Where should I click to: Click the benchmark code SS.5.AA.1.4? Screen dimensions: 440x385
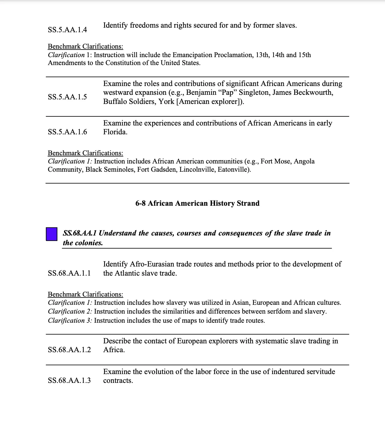(x=67, y=30)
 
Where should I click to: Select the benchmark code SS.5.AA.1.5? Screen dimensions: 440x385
(x=67, y=97)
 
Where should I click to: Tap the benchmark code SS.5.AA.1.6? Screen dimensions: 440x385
(x=67, y=132)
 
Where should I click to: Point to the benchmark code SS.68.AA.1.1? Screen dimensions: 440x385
(x=69, y=273)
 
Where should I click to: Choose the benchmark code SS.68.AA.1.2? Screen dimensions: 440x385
(x=69, y=350)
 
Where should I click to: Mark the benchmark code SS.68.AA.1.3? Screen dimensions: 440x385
(x=69, y=380)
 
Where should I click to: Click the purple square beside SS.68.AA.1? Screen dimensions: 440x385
(x=52, y=234)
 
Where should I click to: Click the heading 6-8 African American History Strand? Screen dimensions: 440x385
(x=197, y=203)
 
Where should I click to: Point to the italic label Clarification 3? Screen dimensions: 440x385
(x=70, y=321)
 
